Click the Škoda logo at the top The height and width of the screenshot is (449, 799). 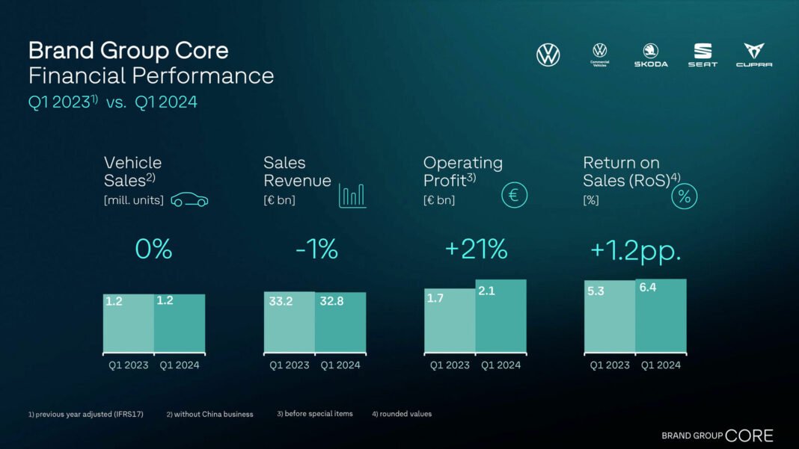[x=651, y=54]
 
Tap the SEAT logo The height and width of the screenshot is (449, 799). [x=702, y=54]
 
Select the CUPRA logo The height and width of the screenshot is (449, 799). [x=753, y=54]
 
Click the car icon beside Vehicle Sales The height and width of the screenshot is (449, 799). [x=189, y=200]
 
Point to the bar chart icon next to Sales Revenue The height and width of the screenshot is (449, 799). [x=352, y=195]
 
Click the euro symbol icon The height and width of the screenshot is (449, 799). [x=514, y=196]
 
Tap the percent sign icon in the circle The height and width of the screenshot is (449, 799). [x=684, y=197]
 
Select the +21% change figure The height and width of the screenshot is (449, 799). [x=476, y=250]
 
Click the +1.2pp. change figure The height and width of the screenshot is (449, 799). [x=636, y=250]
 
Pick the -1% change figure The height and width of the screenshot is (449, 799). [x=316, y=250]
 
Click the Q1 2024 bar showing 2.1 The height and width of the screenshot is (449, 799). [x=501, y=316]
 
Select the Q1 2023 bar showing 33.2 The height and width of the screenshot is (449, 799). [x=289, y=322]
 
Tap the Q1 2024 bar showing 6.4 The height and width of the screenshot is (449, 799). [x=661, y=315]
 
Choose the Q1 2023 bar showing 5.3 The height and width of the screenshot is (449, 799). [x=610, y=317]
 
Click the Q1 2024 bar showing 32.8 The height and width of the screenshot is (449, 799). [x=340, y=322]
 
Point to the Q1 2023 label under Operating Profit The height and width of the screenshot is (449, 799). [x=450, y=365]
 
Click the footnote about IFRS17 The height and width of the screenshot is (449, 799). [x=87, y=414]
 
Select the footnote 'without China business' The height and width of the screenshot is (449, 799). [x=209, y=414]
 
